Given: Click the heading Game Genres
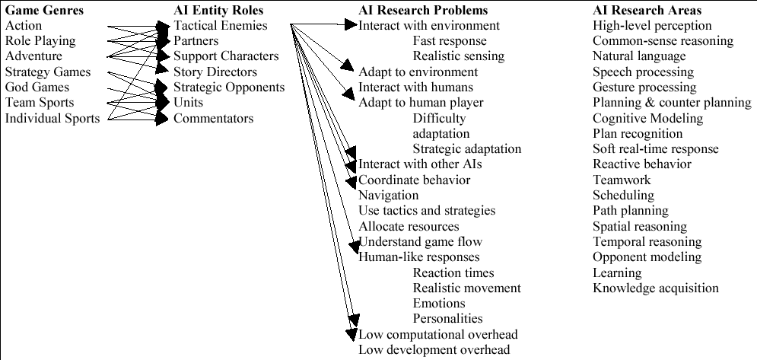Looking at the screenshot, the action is (x=44, y=10).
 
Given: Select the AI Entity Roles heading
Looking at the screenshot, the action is (x=218, y=10).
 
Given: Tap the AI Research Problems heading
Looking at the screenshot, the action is (x=423, y=10).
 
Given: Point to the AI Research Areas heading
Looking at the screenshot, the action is (x=647, y=10).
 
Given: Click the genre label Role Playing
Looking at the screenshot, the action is (x=40, y=41).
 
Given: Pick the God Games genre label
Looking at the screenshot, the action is (x=37, y=88).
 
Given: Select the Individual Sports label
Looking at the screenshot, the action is (x=52, y=119).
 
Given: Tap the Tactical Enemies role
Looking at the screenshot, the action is (x=221, y=26).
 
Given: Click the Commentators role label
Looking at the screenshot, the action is (x=213, y=119).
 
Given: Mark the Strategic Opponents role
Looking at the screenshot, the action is (x=229, y=88).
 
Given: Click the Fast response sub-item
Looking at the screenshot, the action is (x=450, y=41).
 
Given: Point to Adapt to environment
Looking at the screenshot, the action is (x=418, y=72).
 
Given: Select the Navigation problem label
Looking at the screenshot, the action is (x=389, y=196).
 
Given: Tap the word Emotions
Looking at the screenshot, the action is (x=439, y=304).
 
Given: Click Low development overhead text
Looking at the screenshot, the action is (x=434, y=350).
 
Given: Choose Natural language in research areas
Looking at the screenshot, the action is (x=639, y=56).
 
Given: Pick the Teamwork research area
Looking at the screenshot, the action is (x=622, y=180).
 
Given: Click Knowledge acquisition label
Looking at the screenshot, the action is (x=656, y=288).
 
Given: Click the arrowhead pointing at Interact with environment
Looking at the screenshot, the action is (x=351, y=24).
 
